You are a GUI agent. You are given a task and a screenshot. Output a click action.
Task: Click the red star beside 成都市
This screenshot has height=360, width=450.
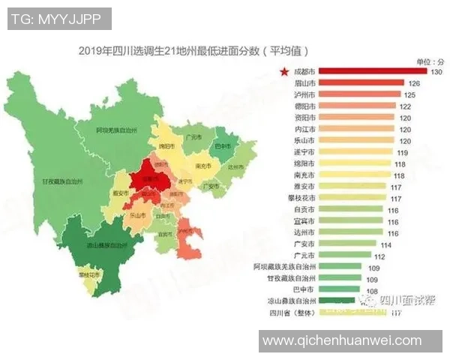tap(284, 72)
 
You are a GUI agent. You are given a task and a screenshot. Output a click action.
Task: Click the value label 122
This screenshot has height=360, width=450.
tap(406, 106)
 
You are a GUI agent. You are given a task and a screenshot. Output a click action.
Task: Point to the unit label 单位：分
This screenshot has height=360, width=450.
tap(429, 61)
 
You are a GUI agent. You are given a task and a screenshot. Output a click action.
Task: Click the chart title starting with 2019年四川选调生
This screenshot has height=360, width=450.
tap(193, 50)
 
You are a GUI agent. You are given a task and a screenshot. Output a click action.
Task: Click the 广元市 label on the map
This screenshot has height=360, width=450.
tap(191, 137)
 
